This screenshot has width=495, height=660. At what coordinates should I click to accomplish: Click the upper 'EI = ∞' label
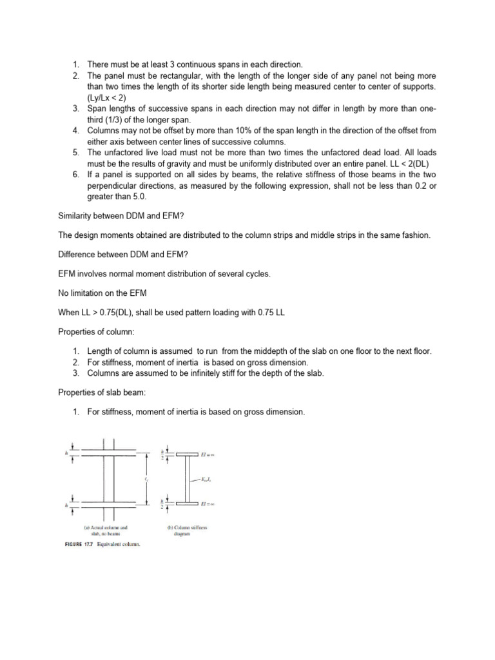(207, 455)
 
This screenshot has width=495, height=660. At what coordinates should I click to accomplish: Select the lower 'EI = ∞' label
(207, 502)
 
